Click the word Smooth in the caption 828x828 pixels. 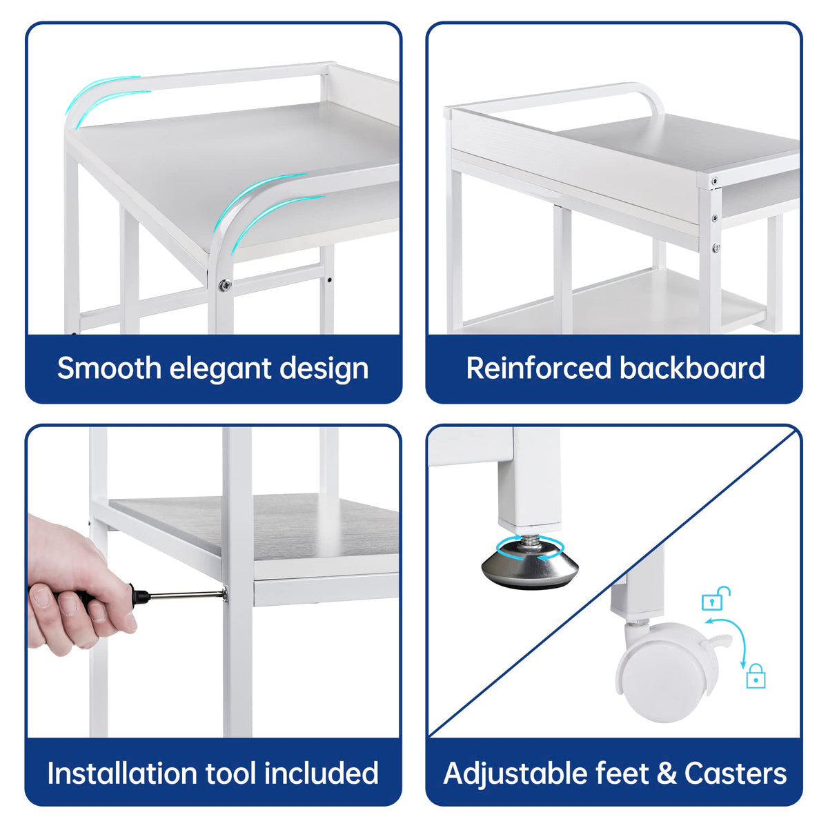tap(109, 368)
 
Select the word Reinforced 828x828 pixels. tap(538, 368)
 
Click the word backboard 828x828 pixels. tap(692, 368)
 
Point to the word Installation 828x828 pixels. tap(122, 773)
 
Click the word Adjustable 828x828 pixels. tap(512, 774)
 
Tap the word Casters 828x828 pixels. tap(735, 773)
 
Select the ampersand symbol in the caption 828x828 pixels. tap(666, 773)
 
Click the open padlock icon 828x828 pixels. tap(716, 598)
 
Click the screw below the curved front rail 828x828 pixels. tap(224, 284)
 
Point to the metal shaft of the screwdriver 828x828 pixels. tap(187, 595)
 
